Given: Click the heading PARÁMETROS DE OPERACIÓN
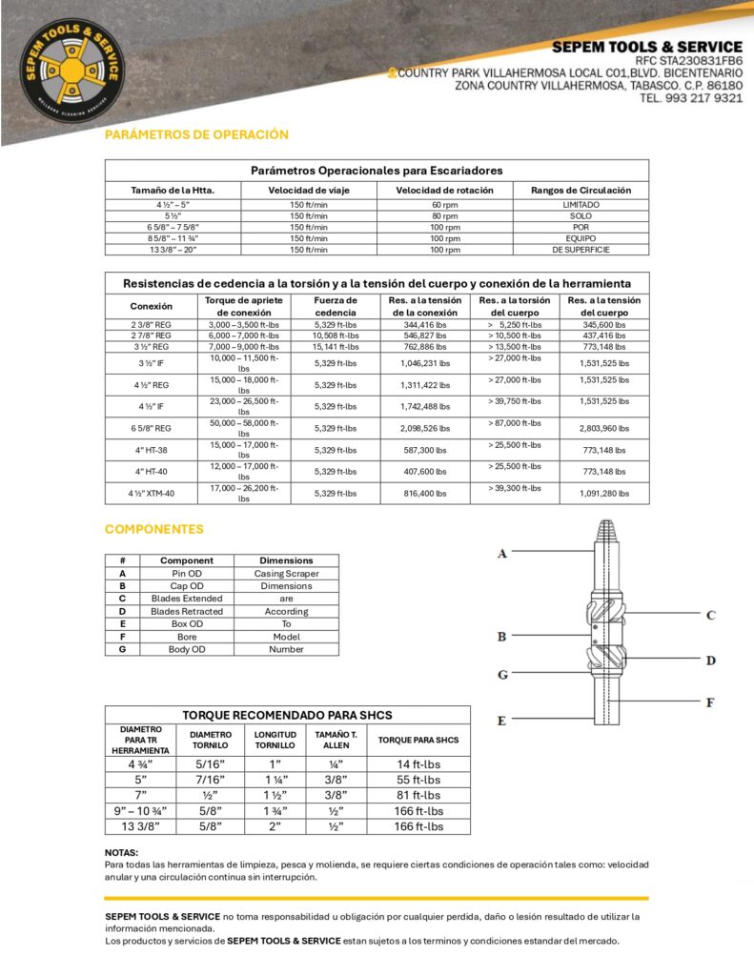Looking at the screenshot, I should pyautogui.click(x=196, y=134).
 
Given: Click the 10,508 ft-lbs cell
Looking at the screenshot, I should pyautogui.click(x=336, y=335).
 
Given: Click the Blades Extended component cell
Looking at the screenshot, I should pyautogui.click(x=187, y=599).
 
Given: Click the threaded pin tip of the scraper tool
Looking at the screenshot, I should pyautogui.click(x=605, y=530).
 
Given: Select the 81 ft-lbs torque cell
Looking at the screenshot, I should pyautogui.click(x=418, y=795).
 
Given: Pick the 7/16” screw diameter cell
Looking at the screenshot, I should pyautogui.click(x=211, y=779).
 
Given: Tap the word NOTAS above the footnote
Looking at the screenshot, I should pyautogui.click(x=121, y=852).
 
